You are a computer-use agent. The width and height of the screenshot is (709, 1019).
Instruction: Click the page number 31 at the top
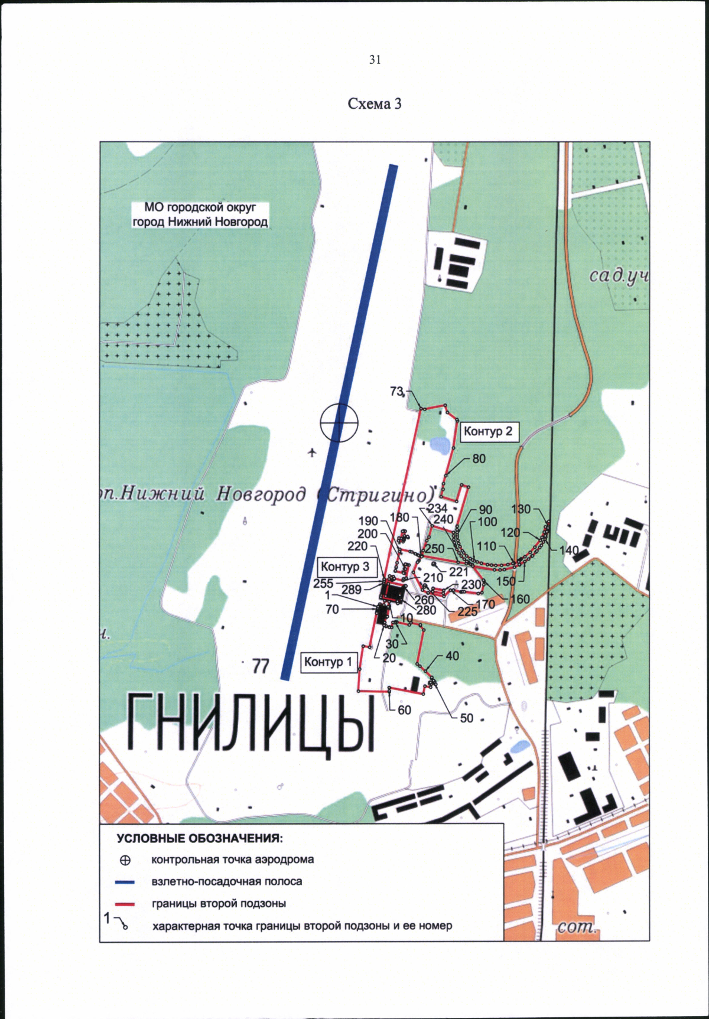(x=375, y=60)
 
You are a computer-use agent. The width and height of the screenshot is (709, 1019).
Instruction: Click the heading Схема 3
(x=375, y=104)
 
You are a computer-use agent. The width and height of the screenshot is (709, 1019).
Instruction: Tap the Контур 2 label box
(x=487, y=432)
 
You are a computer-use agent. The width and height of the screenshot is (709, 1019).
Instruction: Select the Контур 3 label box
(x=345, y=567)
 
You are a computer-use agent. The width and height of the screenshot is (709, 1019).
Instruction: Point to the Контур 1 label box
(x=328, y=662)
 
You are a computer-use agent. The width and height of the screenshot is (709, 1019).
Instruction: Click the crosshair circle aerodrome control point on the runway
(x=339, y=422)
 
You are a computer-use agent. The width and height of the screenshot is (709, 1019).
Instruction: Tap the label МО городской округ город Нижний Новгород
(x=200, y=215)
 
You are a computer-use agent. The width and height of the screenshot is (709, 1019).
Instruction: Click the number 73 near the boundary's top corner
(x=396, y=391)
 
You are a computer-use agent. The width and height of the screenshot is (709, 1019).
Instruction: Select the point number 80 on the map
(x=479, y=459)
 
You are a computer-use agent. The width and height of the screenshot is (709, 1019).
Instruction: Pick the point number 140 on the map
(x=569, y=550)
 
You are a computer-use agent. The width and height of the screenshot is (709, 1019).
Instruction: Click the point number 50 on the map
(x=466, y=718)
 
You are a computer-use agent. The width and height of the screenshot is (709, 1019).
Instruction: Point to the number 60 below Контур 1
(x=404, y=710)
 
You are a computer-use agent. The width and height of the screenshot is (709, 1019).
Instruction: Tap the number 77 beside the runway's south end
(x=261, y=667)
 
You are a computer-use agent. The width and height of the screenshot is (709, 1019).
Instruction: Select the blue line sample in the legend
(x=125, y=882)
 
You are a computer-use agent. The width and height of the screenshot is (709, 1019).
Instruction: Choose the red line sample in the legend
(x=125, y=904)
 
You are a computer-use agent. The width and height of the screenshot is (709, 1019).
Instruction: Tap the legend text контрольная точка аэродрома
(x=232, y=860)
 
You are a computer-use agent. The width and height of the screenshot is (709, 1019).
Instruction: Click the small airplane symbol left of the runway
(x=313, y=452)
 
